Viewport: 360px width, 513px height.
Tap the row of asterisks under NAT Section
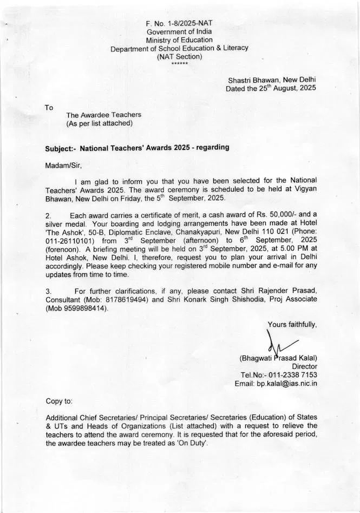coord(179,64)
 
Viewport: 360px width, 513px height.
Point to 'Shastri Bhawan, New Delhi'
coord(272,80)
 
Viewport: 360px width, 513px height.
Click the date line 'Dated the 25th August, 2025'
coord(271,88)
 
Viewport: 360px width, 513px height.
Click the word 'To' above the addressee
coord(49,108)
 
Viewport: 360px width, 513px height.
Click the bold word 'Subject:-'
coord(60,148)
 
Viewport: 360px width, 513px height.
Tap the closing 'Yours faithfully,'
coord(292,325)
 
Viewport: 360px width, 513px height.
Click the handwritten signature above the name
coord(279,344)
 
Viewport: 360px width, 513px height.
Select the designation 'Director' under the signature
coord(304,366)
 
